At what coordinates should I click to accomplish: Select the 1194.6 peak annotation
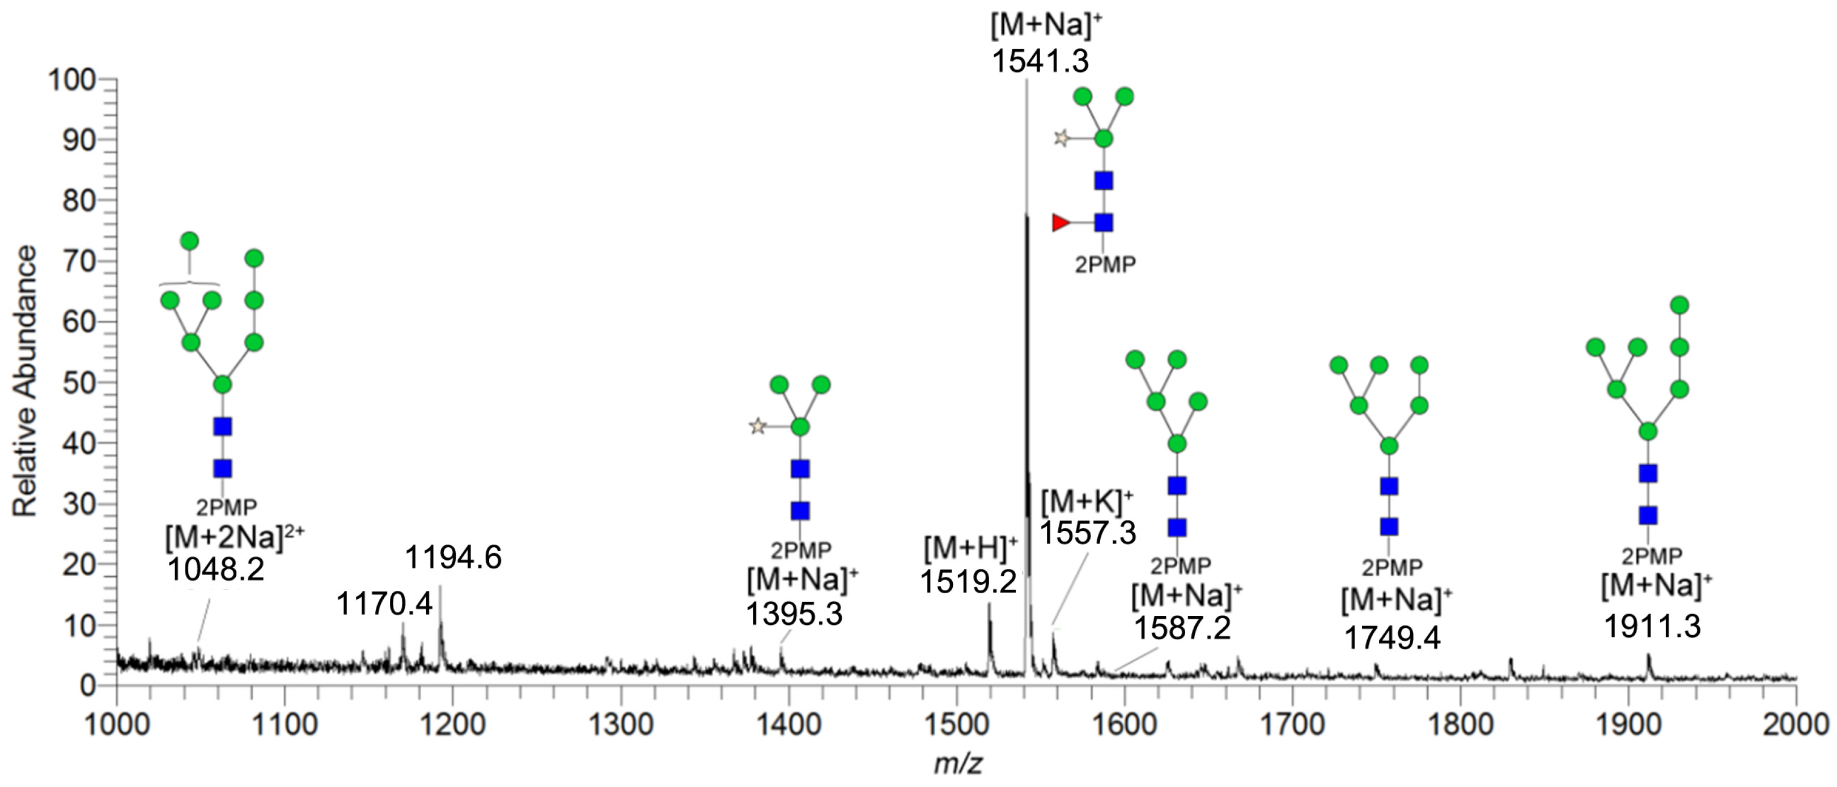453,558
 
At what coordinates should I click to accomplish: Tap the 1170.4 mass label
384,604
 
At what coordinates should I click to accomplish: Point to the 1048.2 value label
215,569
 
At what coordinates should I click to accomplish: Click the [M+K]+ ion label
1087,502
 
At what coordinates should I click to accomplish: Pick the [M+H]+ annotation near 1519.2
970,548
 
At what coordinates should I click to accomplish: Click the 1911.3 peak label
1652,627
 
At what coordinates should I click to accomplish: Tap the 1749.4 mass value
1392,637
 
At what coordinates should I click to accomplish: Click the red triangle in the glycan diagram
1060,223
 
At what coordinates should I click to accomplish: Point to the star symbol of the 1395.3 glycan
757,427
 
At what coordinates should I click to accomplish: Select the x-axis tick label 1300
621,725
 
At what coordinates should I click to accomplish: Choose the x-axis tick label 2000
1795,725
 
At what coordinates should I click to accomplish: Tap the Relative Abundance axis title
25,381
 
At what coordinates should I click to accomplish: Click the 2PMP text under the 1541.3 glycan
1105,265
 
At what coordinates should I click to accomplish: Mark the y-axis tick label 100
71,80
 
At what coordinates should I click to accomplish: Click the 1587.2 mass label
1182,628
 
